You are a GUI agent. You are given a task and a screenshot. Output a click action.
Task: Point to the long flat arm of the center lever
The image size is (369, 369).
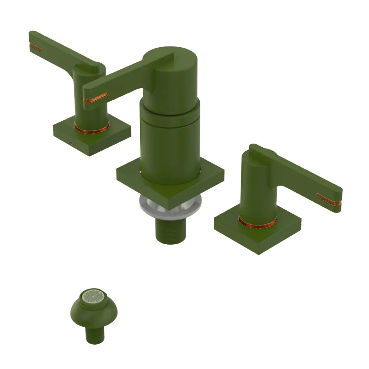click(x=122, y=81)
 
